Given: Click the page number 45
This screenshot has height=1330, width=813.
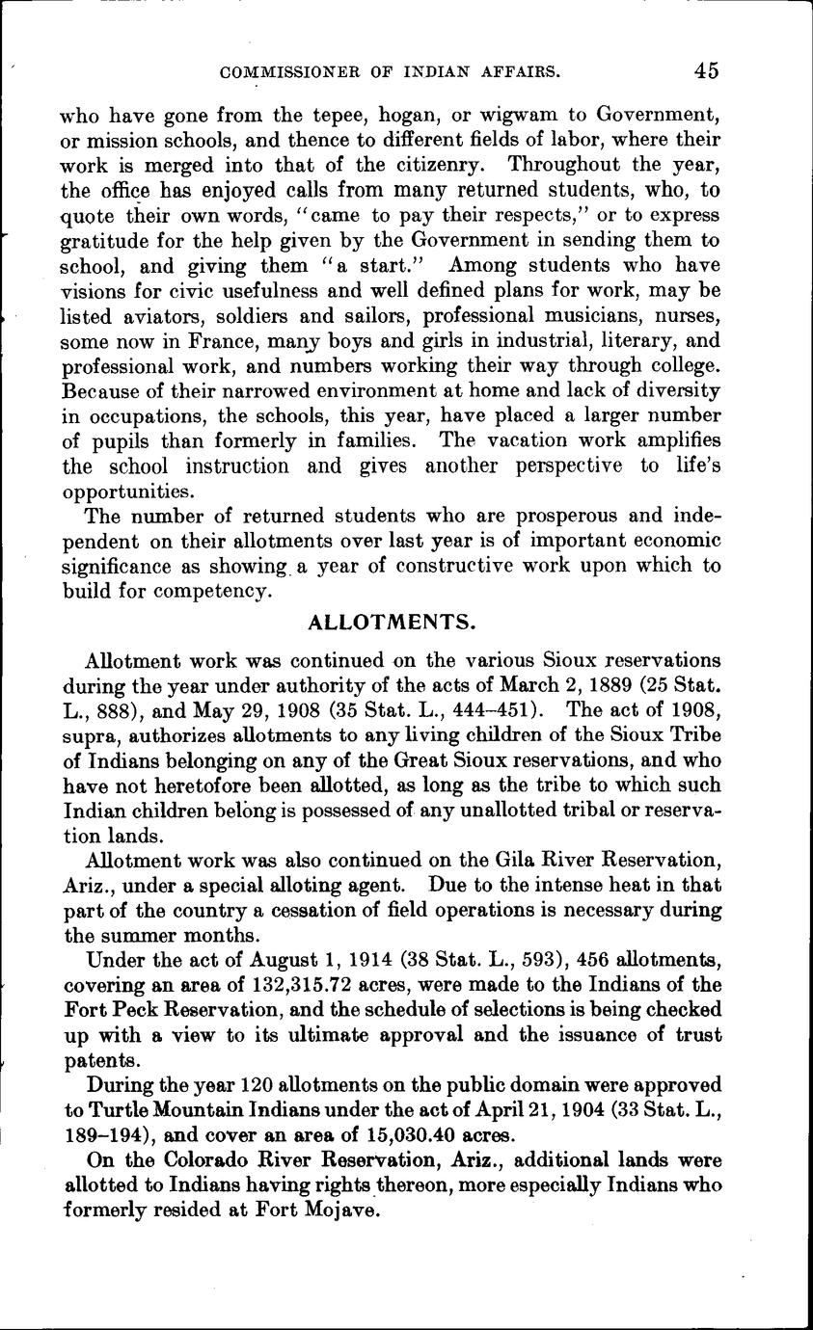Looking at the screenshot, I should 705,70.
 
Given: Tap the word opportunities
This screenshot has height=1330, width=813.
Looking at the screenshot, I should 125,492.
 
